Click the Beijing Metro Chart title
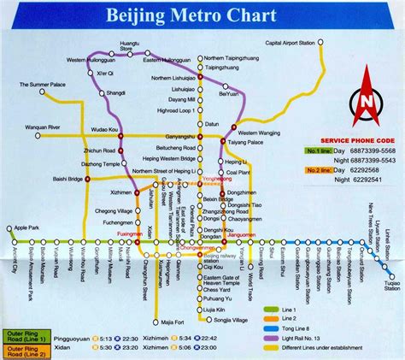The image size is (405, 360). pyautogui.click(x=202, y=15)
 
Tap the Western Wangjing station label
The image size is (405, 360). pyautogui.click(x=257, y=133)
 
